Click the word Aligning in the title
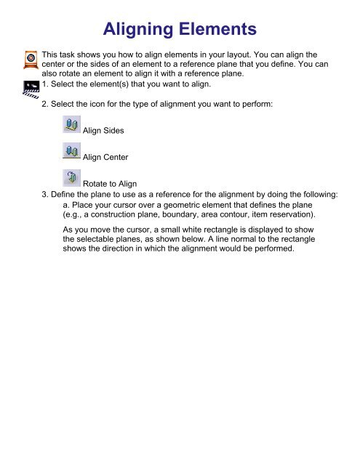(x=142, y=30)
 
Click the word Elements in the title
(x=220, y=30)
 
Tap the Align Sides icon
(x=71, y=126)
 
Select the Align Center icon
(x=71, y=152)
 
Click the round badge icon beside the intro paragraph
(x=31, y=58)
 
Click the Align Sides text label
(x=104, y=131)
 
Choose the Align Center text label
(x=106, y=157)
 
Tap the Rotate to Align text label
(x=111, y=184)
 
